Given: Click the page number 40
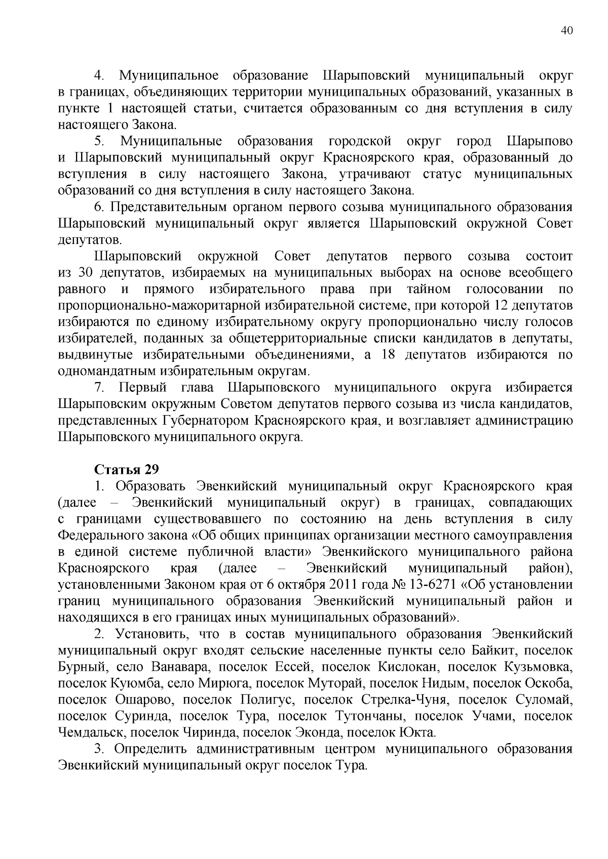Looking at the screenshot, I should pyautogui.click(x=567, y=31).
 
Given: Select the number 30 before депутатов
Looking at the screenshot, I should pyautogui.click(x=84, y=273).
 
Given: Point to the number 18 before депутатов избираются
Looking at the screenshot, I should pyautogui.click(x=388, y=354).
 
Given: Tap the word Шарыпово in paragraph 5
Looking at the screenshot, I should pyautogui.click(x=540, y=141).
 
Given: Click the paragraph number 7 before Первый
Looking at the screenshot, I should pyautogui.click(x=99, y=388).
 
